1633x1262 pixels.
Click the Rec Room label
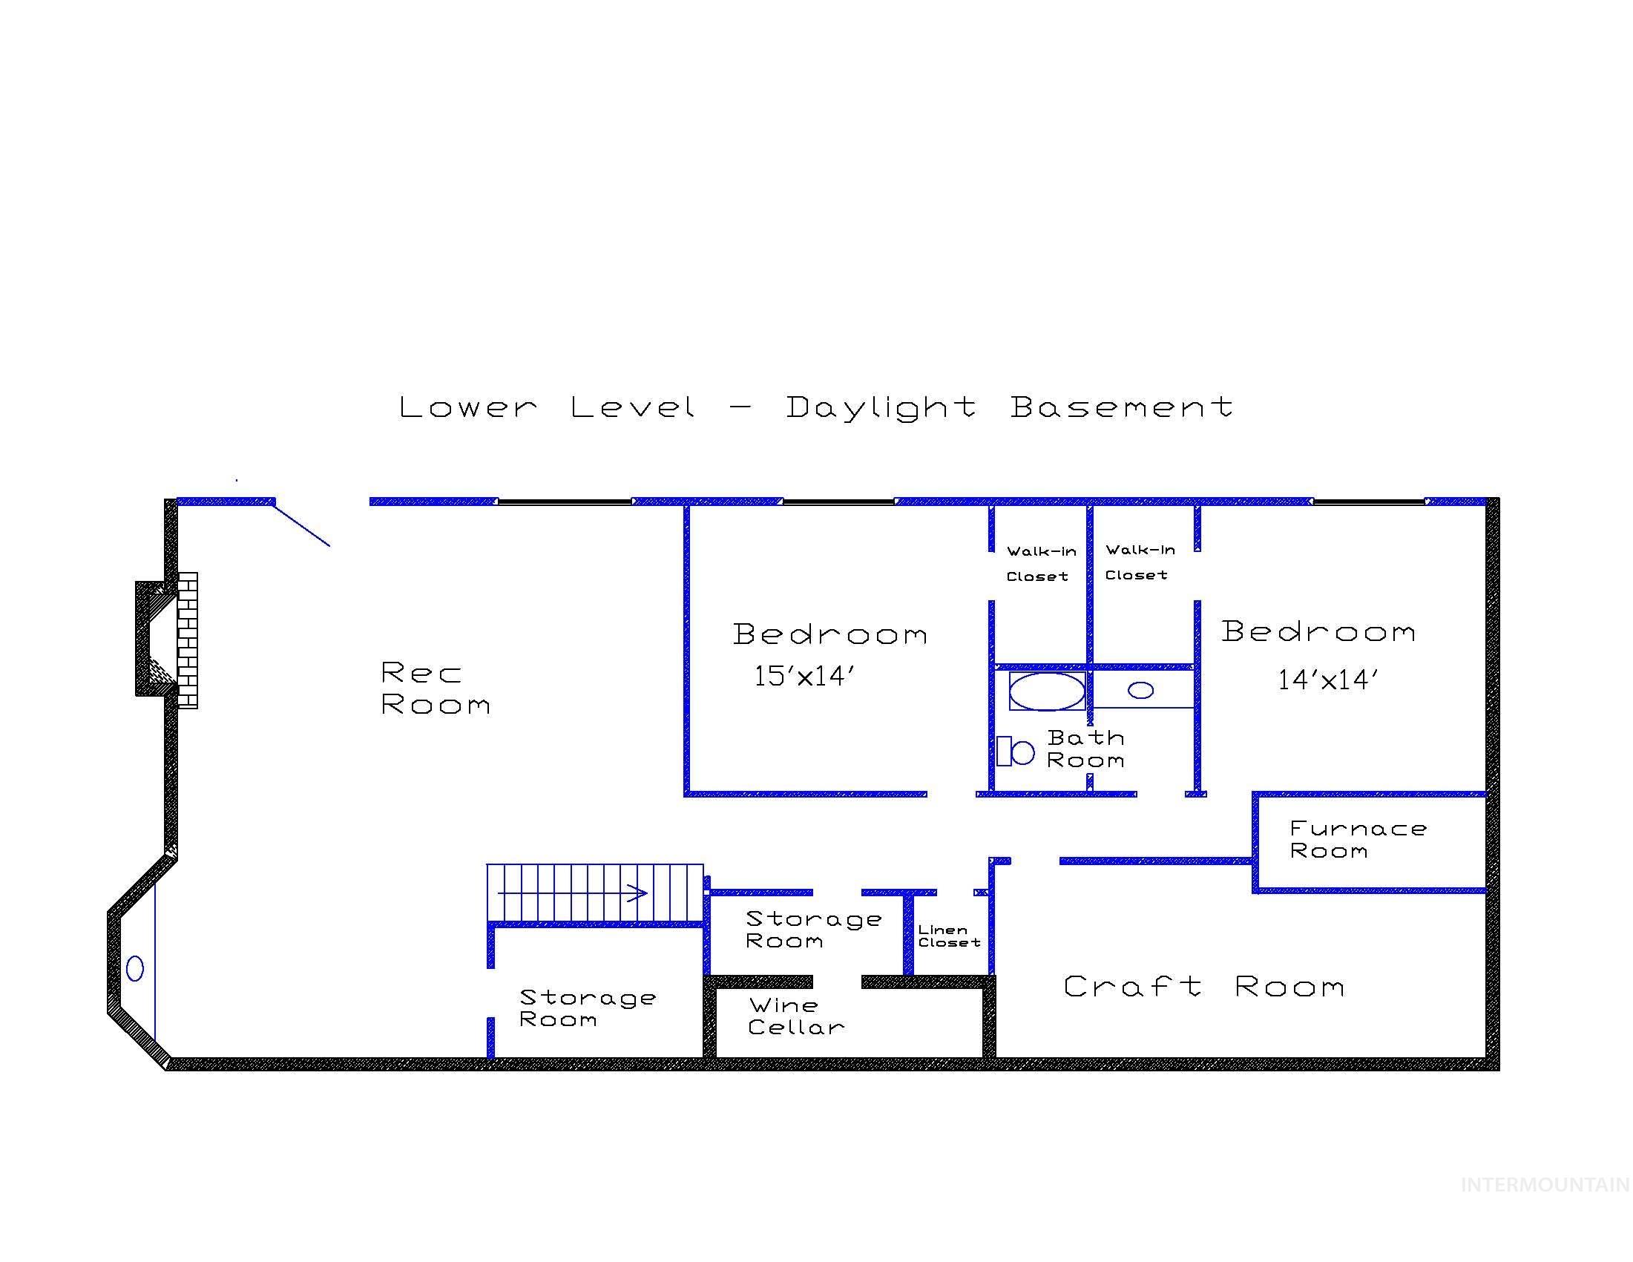click(436, 688)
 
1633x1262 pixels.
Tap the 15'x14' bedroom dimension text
click(804, 677)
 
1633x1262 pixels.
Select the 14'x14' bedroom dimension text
click(1328, 680)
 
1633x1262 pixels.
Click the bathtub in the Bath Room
click(1047, 691)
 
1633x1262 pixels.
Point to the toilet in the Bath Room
click(1015, 752)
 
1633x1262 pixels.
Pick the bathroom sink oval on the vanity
click(1141, 690)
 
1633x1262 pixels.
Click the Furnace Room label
click(1358, 840)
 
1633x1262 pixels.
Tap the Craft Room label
click(1204, 987)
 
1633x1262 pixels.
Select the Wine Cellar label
click(795, 1016)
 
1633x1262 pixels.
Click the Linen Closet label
click(949, 936)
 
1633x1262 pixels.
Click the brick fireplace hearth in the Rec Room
click(188, 640)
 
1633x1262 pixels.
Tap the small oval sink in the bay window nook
click(135, 969)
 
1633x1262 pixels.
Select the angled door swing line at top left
click(302, 524)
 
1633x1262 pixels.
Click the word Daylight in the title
click(881, 408)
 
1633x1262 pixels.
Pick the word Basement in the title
click(1122, 407)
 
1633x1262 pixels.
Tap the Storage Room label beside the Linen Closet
click(812, 930)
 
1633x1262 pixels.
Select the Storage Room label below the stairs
click(587, 1008)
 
